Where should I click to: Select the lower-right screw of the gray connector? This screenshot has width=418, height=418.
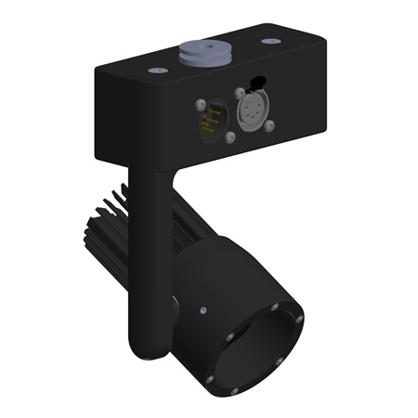click(270, 125)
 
